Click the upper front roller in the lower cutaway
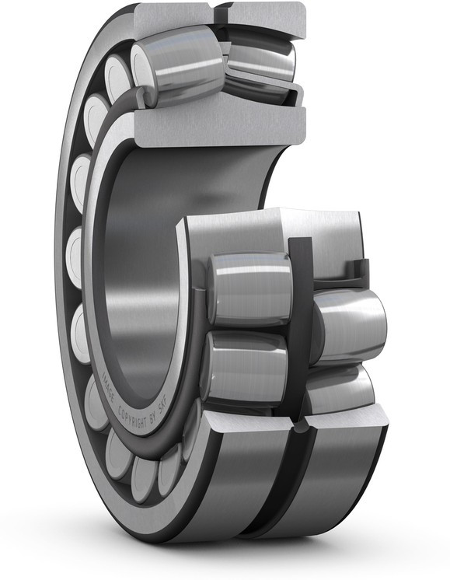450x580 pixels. pos(249,288)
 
